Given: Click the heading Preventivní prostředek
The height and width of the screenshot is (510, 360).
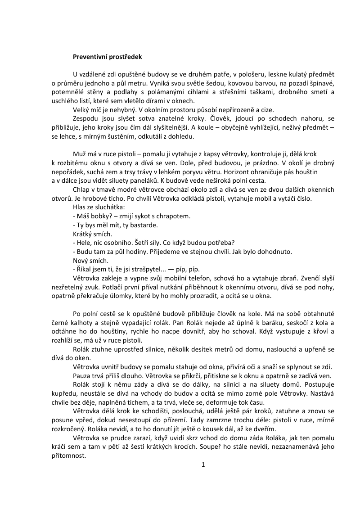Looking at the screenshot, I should tap(108, 57).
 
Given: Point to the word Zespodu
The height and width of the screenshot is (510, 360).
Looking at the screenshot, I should tap(85, 118).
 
